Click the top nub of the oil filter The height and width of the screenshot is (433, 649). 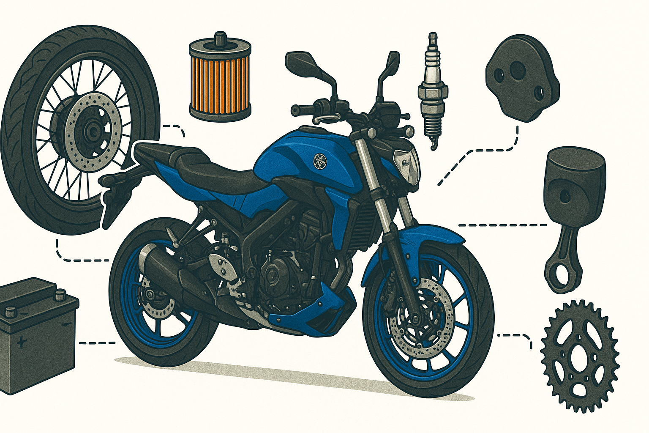(x=219, y=38)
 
